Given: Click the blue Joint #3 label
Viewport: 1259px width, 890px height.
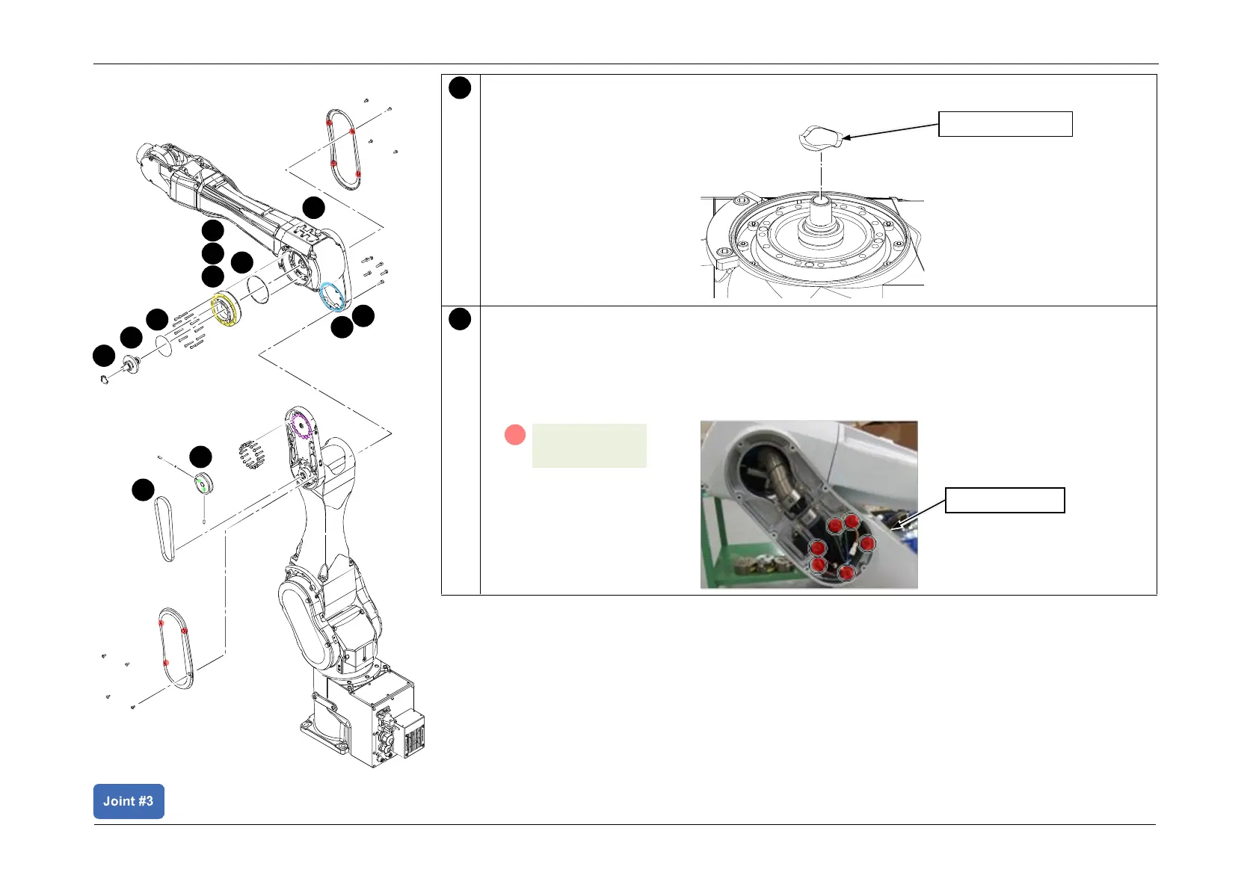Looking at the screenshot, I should (x=129, y=801).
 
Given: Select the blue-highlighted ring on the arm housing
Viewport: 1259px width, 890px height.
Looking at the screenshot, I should (x=332, y=296).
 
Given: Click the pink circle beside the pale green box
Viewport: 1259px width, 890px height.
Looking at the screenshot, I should (x=515, y=435).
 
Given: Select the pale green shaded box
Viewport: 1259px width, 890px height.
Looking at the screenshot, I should (x=589, y=446).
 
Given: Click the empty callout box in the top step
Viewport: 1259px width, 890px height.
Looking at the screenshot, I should (x=1005, y=124).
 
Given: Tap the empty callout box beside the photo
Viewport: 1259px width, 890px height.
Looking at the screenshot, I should (x=1004, y=500).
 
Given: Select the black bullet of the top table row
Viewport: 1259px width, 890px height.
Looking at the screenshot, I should (x=460, y=88).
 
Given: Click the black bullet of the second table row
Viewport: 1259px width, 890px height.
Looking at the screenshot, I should (x=460, y=319).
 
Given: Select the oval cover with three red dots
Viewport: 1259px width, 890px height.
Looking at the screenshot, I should (x=176, y=647).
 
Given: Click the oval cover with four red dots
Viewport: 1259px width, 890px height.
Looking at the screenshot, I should (x=344, y=149).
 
